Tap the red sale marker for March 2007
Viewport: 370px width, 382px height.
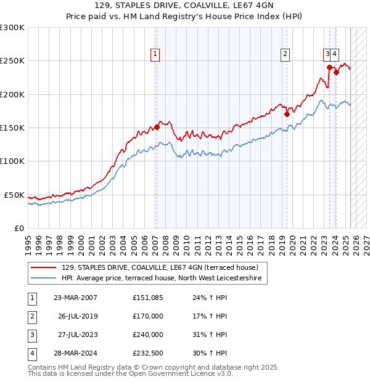pos(157,127)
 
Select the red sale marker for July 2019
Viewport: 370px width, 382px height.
pos(287,114)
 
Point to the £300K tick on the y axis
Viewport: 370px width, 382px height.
pos(13,28)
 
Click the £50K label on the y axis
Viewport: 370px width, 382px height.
pos(15,195)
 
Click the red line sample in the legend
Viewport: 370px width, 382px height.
pos(43,267)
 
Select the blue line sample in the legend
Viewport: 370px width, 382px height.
pos(43,278)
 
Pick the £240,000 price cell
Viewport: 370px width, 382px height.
pos(148,335)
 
